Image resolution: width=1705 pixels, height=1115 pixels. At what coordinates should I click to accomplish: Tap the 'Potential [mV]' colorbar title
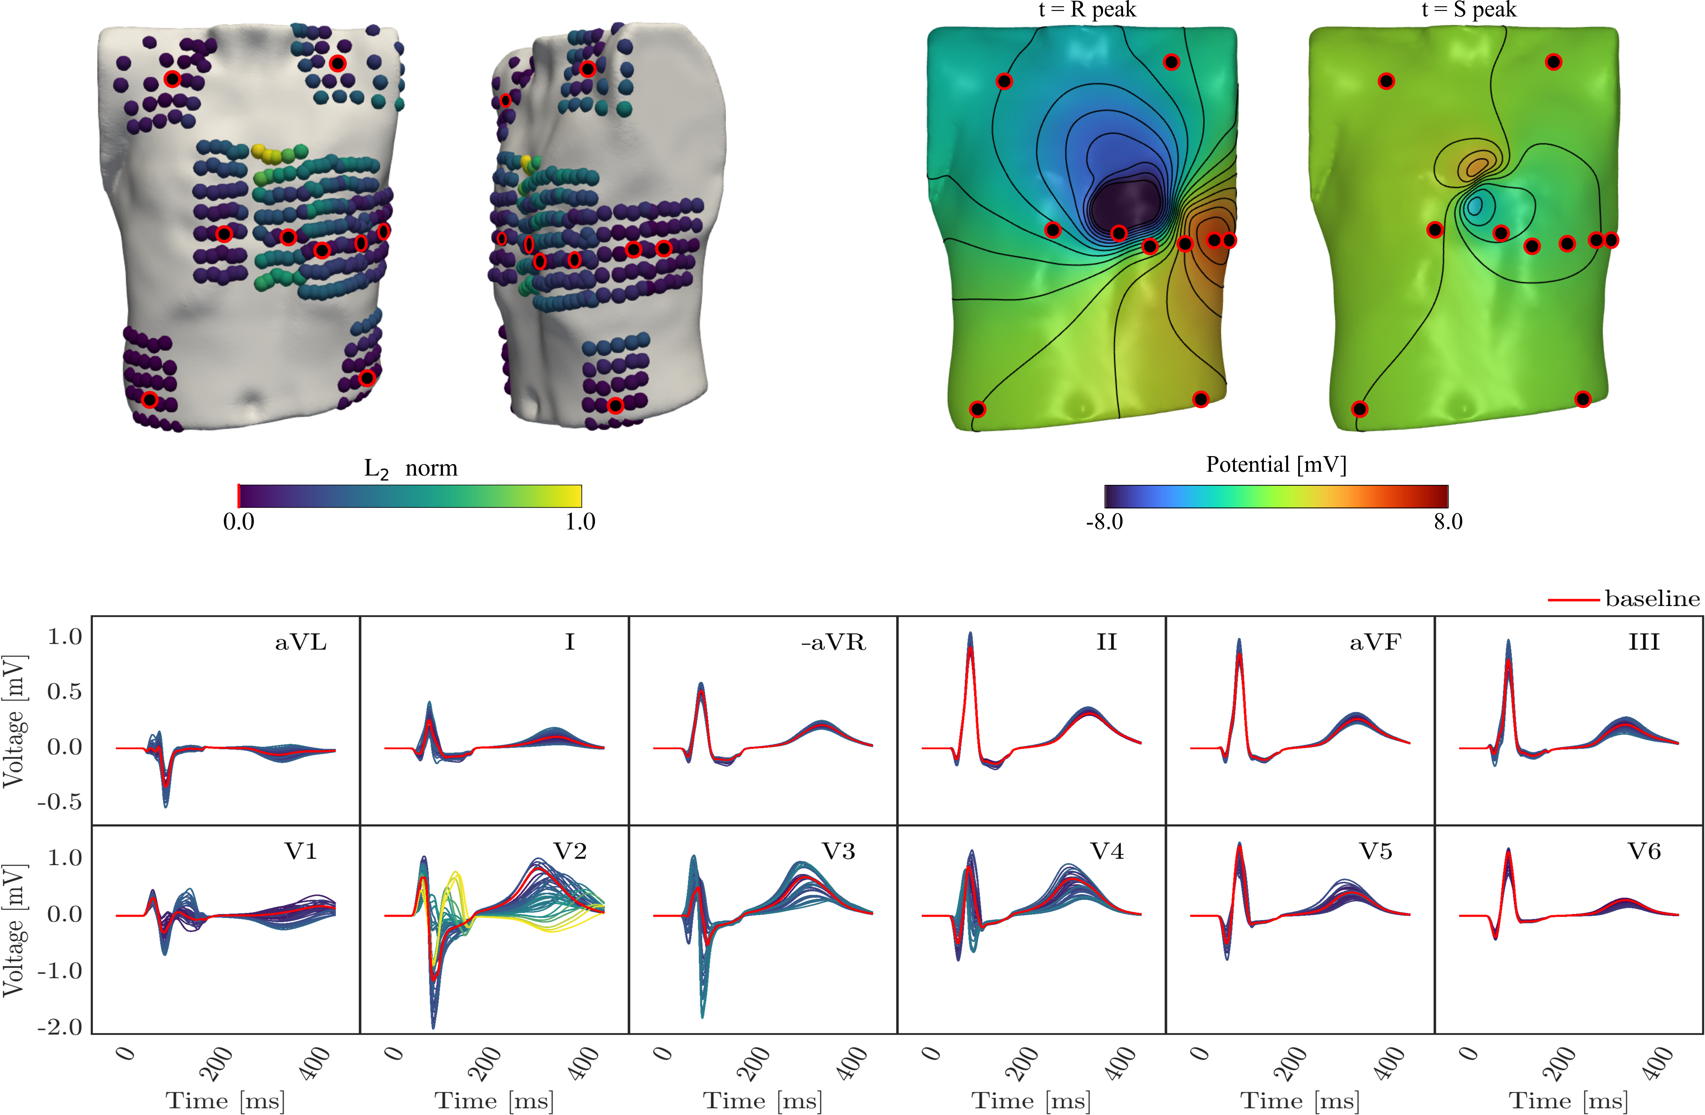click(x=1276, y=464)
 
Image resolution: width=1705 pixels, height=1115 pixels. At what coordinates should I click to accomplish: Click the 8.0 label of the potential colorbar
click(x=1448, y=522)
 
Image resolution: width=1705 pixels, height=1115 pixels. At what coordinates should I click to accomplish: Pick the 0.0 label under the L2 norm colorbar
click(x=238, y=522)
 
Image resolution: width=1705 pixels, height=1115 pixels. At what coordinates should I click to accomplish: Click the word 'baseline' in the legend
click(x=1652, y=598)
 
